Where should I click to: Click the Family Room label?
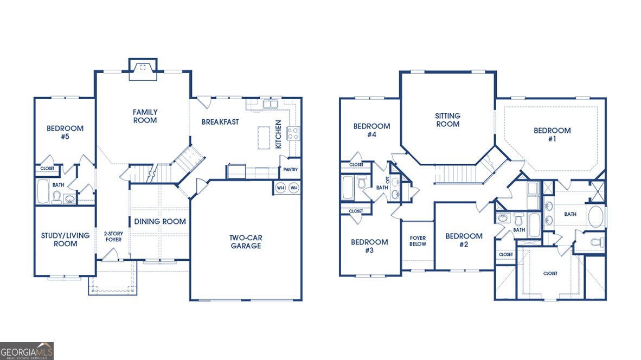[x=145, y=116]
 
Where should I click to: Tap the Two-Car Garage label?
[x=246, y=241]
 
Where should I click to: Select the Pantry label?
[x=290, y=170]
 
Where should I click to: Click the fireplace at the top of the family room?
[x=143, y=69]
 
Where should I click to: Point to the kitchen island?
[x=264, y=137]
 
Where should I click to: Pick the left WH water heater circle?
[x=280, y=188]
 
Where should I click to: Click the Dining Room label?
[x=160, y=221]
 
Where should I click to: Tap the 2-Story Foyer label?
[x=113, y=236]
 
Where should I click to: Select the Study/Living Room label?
[x=66, y=240]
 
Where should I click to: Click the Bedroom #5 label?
[x=65, y=132]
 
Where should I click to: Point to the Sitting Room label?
[x=447, y=120]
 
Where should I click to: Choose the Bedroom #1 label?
[x=552, y=134]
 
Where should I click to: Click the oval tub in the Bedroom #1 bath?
[x=595, y=216]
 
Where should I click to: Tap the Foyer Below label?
[x=418, y=241]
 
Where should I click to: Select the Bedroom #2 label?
[x=464, y=240]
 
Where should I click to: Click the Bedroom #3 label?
[x=369, y=246]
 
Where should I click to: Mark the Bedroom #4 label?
[x=371, y=130]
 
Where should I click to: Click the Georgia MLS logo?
[x=27, y=351]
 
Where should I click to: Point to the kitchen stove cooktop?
[x=293, y=133]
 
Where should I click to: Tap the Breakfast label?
[x=220, y=122]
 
